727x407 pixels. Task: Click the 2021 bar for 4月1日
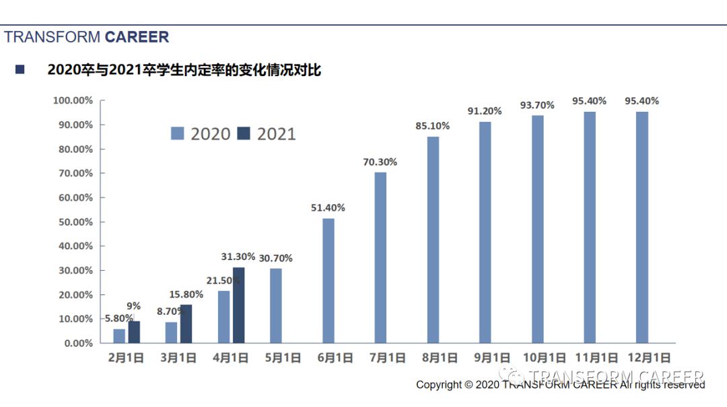click(238, 305)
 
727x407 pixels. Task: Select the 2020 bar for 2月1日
click(119, 336)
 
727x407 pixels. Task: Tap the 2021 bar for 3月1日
click(186, 323)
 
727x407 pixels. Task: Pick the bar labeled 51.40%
click(328, 280)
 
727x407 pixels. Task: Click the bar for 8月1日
click(433, 239)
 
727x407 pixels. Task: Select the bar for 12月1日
click(642, 227)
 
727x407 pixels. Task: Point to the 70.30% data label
click(380, 162)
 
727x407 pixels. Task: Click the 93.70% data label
click(537, 105)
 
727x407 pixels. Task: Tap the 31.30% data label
click(238, 257)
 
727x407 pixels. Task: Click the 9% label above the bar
click(133, 306)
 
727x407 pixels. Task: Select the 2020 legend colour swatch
click(178, 133)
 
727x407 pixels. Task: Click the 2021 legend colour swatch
click(244, 133)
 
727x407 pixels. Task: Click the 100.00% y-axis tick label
click(72, 100)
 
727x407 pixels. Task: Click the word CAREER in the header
click(137, 37)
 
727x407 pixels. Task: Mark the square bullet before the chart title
click(20, 69)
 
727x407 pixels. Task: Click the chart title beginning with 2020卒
click(184, 70)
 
